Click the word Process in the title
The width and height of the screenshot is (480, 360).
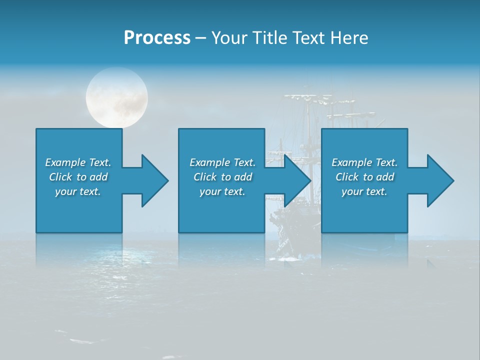point(157,38)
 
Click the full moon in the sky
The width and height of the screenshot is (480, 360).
point(117,96)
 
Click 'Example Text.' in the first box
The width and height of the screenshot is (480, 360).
point(78,162)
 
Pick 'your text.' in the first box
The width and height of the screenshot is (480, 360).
point(78,191)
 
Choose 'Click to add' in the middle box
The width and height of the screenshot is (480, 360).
point(222,177)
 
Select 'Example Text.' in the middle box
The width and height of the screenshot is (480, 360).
point(222,162)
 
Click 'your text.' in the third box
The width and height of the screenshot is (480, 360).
point(364,191)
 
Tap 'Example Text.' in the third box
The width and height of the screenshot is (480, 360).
point(364,162)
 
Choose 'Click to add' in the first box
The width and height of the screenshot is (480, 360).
point(78,177)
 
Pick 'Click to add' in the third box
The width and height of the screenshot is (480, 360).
point(364,177)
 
